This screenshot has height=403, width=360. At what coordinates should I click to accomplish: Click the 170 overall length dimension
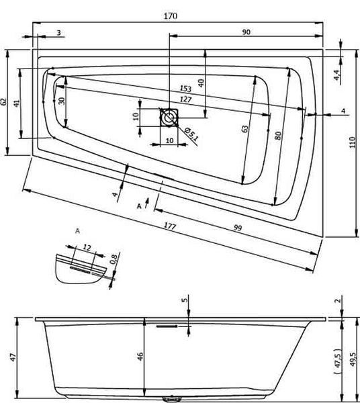click(x=171, y=16)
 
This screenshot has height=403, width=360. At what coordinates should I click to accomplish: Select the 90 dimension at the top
click(x=246, y=32)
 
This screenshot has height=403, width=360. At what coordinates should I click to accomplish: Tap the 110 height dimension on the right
click(x=353, y=142)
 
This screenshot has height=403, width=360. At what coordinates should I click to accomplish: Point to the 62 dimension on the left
click(x=3, y=102)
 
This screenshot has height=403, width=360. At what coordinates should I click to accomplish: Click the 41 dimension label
click(x=17, y=103)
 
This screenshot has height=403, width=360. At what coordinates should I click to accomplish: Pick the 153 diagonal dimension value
click(x=185, y=89)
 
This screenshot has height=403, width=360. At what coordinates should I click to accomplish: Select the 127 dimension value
click(x=185, y=99)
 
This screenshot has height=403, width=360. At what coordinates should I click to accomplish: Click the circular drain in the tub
click(x=169, y=118)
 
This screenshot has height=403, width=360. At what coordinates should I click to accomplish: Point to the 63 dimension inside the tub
click(x=245, y=129)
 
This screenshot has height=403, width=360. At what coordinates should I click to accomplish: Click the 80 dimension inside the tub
click(x=278, y=136)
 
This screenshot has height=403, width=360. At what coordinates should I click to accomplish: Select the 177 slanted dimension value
click(x=170, y=226)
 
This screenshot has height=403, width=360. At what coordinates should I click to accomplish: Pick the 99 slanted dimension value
click(x=238, y=228)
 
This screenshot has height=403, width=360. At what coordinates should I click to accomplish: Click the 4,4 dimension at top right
click(x=337, y=75)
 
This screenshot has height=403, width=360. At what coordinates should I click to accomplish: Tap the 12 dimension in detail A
click(x=87, y=247)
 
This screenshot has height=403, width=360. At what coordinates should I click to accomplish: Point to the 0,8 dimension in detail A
click(x=114, y=259)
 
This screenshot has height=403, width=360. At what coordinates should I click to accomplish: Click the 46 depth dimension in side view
click(x=140, y=357)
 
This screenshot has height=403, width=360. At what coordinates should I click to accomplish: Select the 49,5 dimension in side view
click(x=353, y=359)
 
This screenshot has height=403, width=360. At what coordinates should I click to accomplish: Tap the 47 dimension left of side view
click(x=13, y=357)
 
